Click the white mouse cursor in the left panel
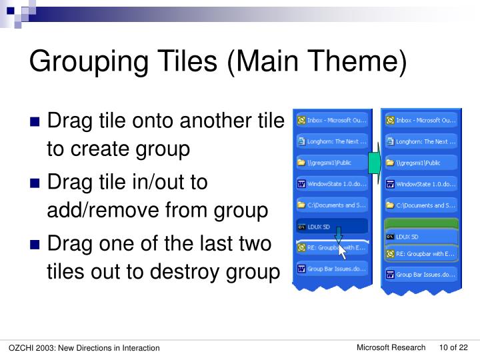343,252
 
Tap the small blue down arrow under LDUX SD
338,235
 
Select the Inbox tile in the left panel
331,121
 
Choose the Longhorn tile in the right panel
420,141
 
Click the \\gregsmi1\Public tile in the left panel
331,162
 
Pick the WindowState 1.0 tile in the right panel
420,184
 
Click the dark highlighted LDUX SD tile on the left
331,227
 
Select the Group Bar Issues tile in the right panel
420,274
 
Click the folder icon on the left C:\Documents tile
301,205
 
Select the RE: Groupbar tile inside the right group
420,254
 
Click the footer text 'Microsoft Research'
391,347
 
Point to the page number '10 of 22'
453,347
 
